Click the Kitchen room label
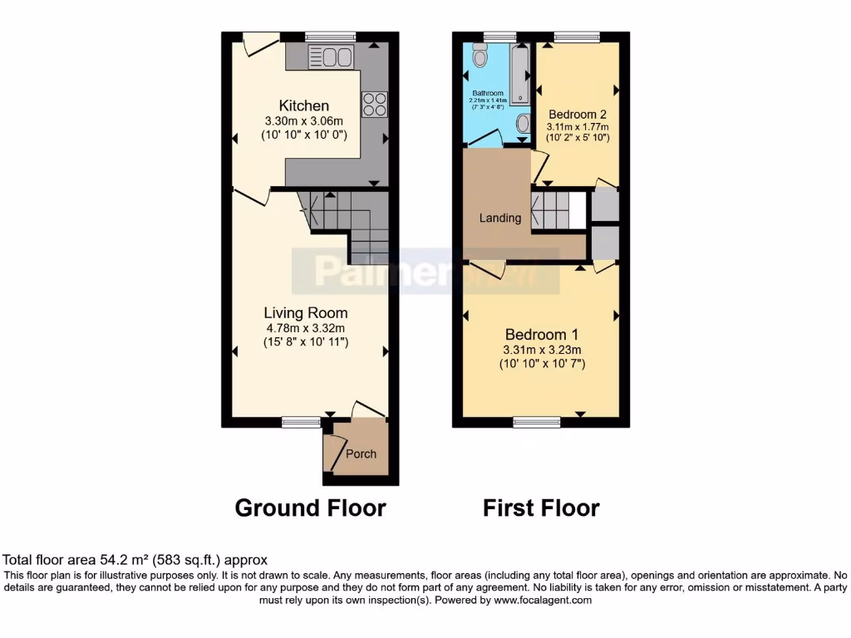point(303,106)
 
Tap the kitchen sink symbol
point(331,56)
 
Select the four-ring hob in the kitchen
point(375,103)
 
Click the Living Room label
point(305,313)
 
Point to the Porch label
point(361,454)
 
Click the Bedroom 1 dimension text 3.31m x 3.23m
point(541,349)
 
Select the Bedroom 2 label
point(578,114)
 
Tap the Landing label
point(500,218)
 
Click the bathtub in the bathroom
point(520,76)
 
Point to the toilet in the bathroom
point(480,56)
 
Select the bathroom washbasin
point(522,124)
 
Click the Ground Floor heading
point(310,508)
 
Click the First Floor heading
point(541,508)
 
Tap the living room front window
point(301,422)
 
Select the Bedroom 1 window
point(535,422)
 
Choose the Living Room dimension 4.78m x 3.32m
point(305,327)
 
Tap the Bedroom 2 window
point(577,36)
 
